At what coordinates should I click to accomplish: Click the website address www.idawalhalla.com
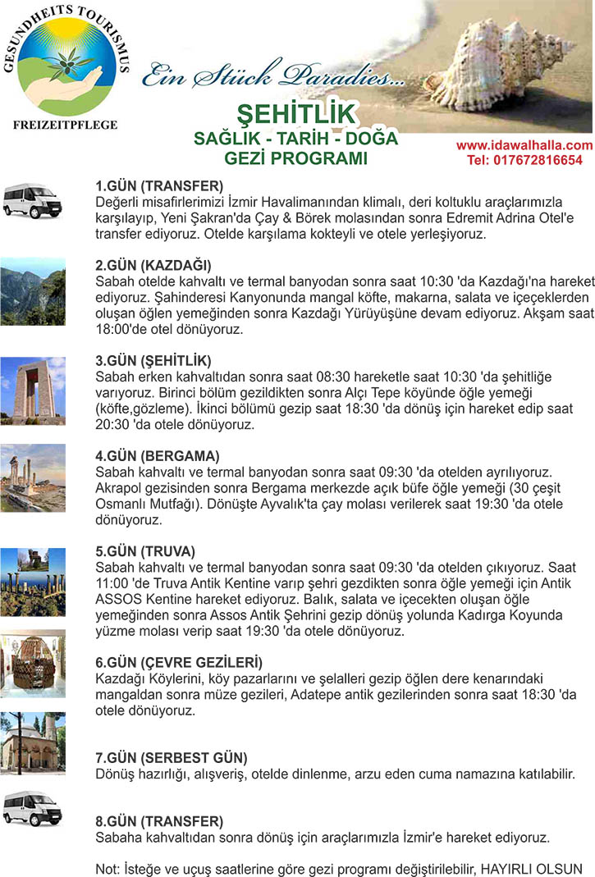pyautogui.click(x=524, y=145)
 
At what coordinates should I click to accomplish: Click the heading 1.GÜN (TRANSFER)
pyautogui.click(x=159, y=185)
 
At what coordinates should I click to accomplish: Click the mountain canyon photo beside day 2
pyautogui.click(x=32, y=291)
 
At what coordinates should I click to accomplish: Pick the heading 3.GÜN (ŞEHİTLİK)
pyautogui.click(x=153, y=360)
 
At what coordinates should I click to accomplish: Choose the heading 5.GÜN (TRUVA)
pyautogui.click(x=145, y=550)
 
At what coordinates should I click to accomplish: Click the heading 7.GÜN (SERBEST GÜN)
pyautogui.click(x=172, y=757)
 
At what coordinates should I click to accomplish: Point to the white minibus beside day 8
pyautogui.click(x=32, y=808)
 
